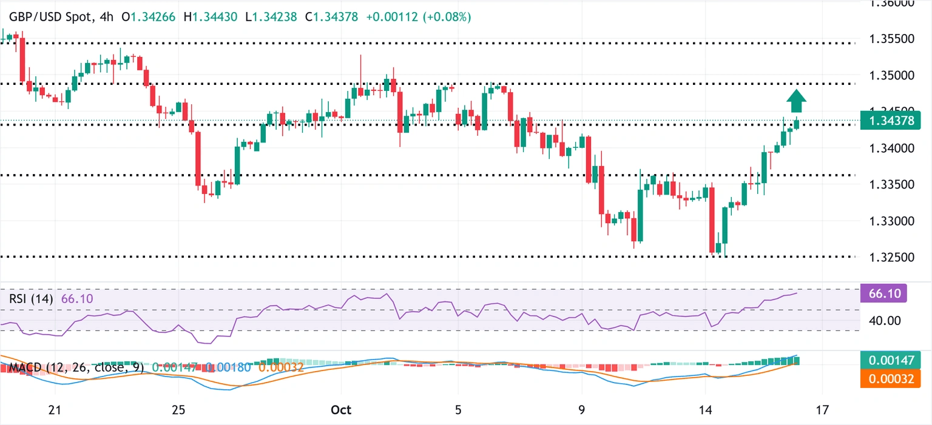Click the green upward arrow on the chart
coord(797,101)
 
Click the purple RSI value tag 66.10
coord(883,294)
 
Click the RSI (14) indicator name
coord(31,299)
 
